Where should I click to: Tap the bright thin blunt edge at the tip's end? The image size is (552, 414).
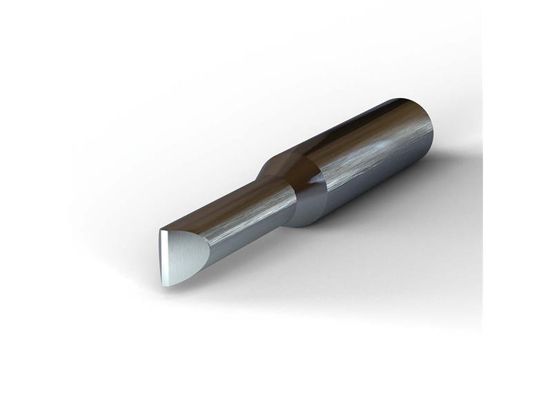click(x=163, y=258)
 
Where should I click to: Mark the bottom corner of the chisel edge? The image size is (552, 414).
click(x=166, y=284)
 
